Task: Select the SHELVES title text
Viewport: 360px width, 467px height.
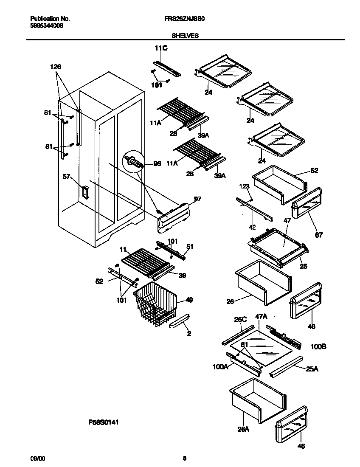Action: tap(185, 36)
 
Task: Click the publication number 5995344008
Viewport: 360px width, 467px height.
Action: tap(47, 25)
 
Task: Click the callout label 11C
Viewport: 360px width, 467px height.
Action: tap(160, 49)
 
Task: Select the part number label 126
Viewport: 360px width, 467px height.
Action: tap(56, 67)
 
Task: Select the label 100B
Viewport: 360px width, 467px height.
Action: tap(318, 346)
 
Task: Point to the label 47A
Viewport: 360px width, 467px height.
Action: tap(261, 316)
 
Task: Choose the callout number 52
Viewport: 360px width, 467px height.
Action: tap(99, 281)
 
